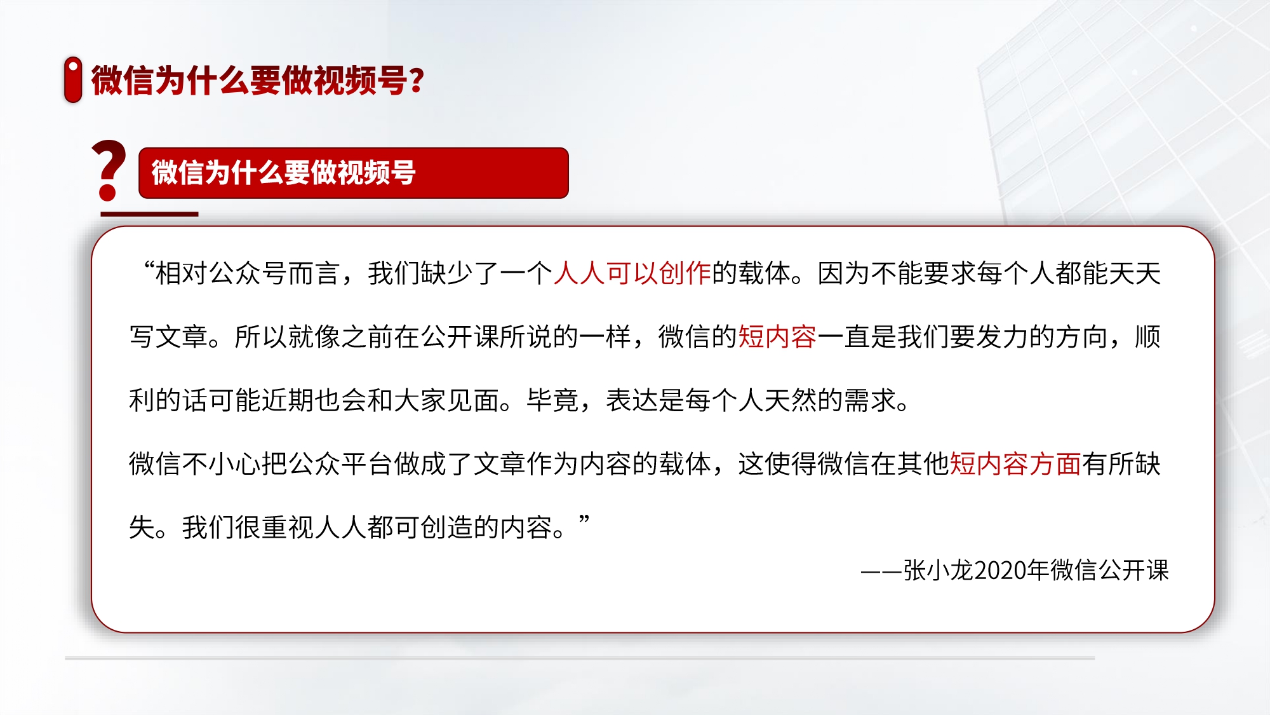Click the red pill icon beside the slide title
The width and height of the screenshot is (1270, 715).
(x=73, y=79)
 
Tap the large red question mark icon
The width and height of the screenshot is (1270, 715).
(x=109, y=170)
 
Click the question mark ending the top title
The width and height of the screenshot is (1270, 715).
(x=417, y=81)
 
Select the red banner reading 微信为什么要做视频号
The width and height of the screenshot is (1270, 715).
(x=353, y=173)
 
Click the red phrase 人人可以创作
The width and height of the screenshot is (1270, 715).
(x=632, y=273)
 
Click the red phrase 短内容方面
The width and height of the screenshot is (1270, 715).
(x=1015, y=464)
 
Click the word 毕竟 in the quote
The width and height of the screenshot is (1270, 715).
(x=552, y=400)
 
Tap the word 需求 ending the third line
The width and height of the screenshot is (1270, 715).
(x=870, y=400)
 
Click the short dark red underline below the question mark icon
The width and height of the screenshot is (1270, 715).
(x=149, y=214)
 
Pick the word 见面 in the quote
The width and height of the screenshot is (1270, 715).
(x=473, y=400)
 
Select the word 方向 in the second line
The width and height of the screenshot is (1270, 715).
(x=1081, y=337)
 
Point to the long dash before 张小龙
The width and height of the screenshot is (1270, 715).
(x=881, y=571)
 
